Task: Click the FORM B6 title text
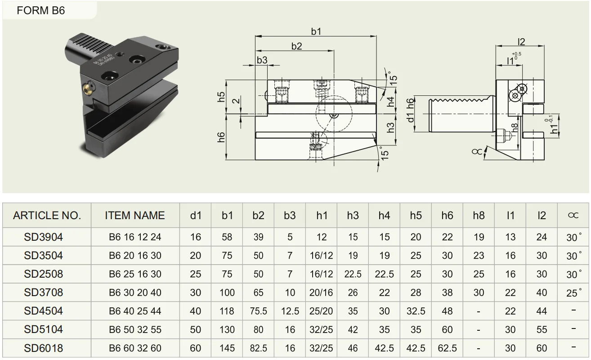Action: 40,10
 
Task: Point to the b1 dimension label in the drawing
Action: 316,31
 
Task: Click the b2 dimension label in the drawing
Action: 296,46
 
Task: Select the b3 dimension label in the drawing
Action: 262,60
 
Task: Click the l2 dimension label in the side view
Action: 521,42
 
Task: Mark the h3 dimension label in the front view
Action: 391,128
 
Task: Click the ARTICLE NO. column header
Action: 47,216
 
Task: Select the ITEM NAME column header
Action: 135,216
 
